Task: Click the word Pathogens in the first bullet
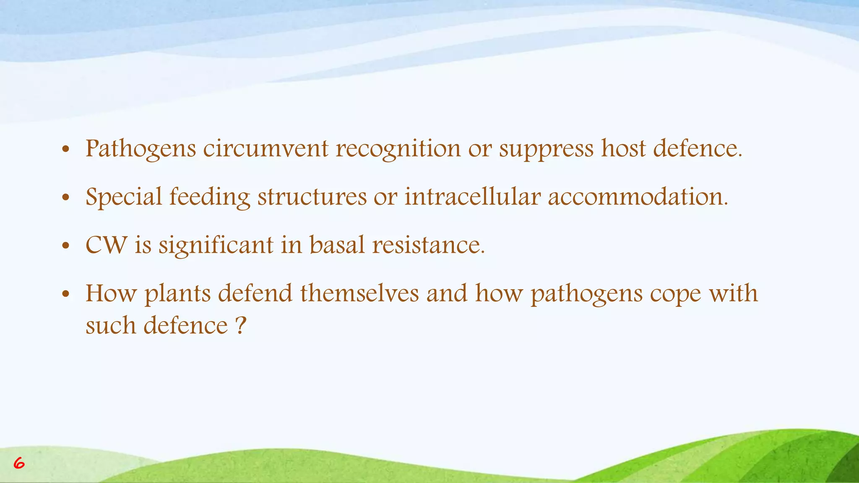point(141,149)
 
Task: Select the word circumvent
point(266,148)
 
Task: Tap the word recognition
point(398,149)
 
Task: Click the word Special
point(124,197)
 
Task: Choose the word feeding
point(209,197)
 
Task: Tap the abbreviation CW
point(107,245)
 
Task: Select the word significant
point(216,246)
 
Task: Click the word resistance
point(428,245)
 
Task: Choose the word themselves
point(359,293)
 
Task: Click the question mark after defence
point(240,325)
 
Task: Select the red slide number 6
point(19,463)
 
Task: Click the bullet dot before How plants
point(65,294)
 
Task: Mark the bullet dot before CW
point(65,246)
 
